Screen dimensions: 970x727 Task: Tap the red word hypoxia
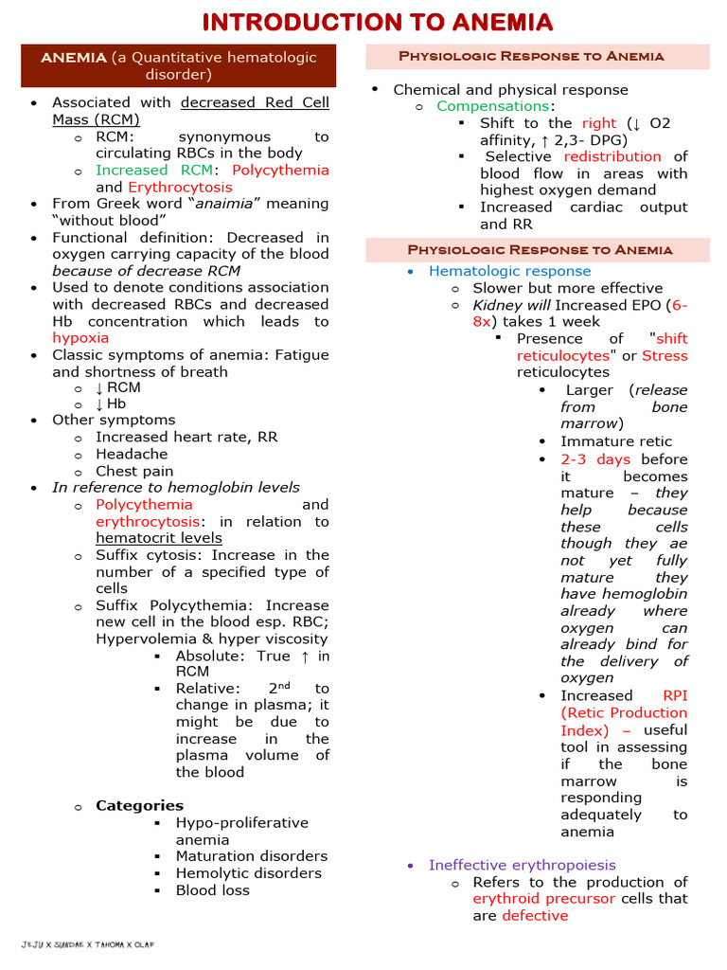[x=80, y=338]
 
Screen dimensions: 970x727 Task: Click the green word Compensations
[x=492, y=106]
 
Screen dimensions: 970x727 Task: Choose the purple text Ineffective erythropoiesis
[x=522, y=865]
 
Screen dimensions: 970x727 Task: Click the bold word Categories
[x=139, y=806]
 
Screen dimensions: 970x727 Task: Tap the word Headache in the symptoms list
[x=132, y=455]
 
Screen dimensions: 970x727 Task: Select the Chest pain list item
[x=134, y=472]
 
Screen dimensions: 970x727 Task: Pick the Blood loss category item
[x=213, y=890]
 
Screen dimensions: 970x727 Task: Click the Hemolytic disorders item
[x=248, y=873]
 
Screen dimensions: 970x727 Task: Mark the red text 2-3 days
[x=594, y=459]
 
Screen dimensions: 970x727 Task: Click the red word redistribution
[x=612, y=156]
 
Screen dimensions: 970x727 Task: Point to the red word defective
[x=535, y=916]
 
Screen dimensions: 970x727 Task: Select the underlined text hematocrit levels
[x=159, y=538]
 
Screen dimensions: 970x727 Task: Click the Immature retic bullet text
[x=616, y=441]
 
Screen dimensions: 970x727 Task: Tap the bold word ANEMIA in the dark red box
[x=73, y=58]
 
